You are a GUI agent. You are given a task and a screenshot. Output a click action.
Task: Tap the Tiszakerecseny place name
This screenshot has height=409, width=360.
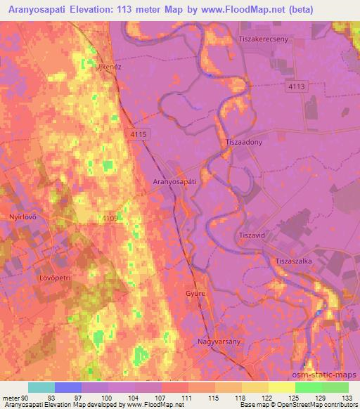[x=264, y=39]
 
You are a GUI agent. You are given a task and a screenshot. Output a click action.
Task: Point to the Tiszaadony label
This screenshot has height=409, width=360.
[x=244, y=142]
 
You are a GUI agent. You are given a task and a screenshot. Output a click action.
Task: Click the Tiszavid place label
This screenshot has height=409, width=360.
[x=252, y=235]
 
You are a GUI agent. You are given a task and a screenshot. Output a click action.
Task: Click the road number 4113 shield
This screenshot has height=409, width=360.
[x=297, y=86]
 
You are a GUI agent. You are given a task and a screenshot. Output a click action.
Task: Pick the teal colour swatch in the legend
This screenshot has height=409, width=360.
[x=41, y=387]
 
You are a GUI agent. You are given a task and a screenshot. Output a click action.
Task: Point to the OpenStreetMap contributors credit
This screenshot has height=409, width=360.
[x=316, y=405]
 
